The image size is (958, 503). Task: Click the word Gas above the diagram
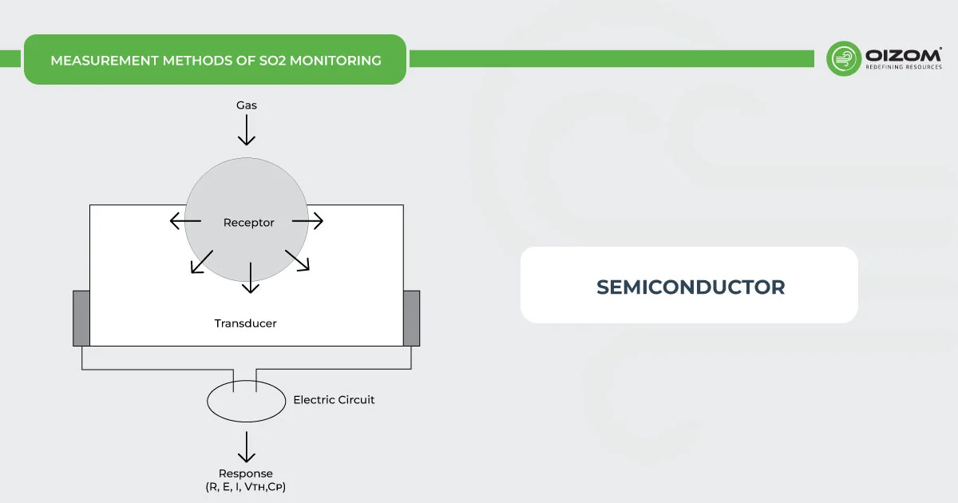tap(246, 105)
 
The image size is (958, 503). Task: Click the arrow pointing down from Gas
tap(247, 129)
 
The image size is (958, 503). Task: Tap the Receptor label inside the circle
tap(248, 223)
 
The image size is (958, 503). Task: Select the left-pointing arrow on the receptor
tap(185, 221)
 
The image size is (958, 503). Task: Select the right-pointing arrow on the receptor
tap(308, 221)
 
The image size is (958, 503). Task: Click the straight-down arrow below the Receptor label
tap(251, 277)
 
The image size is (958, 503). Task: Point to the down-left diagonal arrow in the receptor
tap(201, 262)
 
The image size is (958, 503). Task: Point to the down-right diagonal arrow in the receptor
tap(297, 260)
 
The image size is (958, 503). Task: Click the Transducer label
tap(245, 323)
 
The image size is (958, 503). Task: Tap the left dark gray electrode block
tap(81, 318)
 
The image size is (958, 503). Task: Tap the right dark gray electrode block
tap(411, 318)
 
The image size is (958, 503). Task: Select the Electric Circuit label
tap(334, 399)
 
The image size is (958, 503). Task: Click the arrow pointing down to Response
tap(247, 446)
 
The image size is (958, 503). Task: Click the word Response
tap(246, 473)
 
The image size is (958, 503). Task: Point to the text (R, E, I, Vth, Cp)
tap(246, 487)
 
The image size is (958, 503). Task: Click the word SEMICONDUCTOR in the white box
tap(690, 287)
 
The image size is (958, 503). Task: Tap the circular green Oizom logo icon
tap(843, 59)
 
